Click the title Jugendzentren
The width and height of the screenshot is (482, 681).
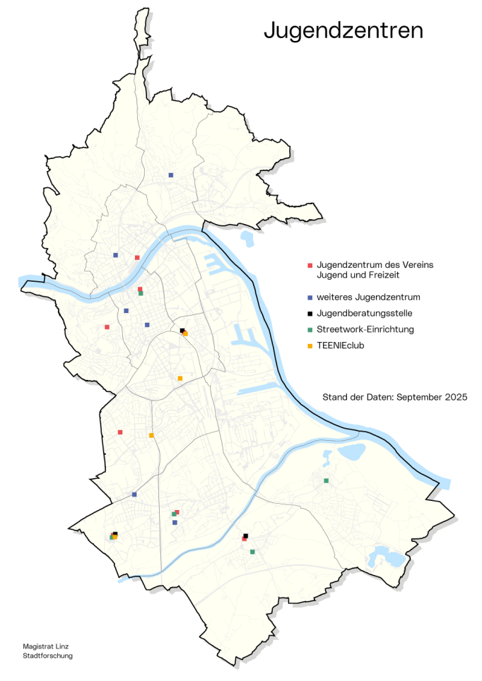(343, 31)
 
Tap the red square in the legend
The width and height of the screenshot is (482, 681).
(310, 265)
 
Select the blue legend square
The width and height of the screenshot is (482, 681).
(310, 297)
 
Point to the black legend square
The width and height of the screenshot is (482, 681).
(310, 313)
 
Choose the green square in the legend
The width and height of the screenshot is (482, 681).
(310, 330)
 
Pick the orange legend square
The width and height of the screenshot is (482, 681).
(310, 346)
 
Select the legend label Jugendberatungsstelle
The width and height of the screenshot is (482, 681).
(365, 313)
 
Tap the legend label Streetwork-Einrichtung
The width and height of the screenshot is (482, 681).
(365, 330)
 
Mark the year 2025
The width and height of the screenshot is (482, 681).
(457, 398)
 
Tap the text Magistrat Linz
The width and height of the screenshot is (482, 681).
(46, 646)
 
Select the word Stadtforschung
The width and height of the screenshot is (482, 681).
(48, 656)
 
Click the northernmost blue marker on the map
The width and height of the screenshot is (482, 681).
(170, 174)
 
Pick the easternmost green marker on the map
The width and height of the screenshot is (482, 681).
(326, 481)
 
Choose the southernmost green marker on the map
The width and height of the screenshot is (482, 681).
(252, 552)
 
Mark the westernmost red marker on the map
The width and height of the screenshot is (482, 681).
(107, 327)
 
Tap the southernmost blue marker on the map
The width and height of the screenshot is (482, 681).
(175, 523)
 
